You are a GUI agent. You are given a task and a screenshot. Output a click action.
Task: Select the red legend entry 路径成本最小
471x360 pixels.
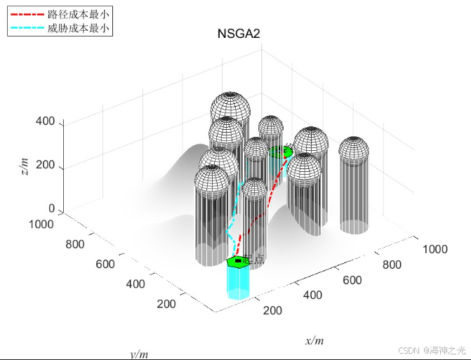(78, 14)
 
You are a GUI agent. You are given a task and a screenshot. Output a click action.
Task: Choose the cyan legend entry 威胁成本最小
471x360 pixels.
(78, 29)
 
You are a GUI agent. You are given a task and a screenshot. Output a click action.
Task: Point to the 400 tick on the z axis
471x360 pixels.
(45, 121)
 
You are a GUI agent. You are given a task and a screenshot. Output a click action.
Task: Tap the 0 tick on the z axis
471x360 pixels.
(51, 208)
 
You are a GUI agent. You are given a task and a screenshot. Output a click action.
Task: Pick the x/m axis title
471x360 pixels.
(314, 340)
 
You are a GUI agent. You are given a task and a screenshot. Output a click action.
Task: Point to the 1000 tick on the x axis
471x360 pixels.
(434, 248)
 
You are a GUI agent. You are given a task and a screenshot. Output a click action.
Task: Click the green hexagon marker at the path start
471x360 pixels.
(239, 261)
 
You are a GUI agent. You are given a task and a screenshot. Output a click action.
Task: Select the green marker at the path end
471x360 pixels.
(279, 151)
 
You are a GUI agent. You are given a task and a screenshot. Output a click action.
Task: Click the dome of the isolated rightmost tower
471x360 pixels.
(353, 148)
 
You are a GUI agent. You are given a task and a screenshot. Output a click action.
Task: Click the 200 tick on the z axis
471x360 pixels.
(45, 168)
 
